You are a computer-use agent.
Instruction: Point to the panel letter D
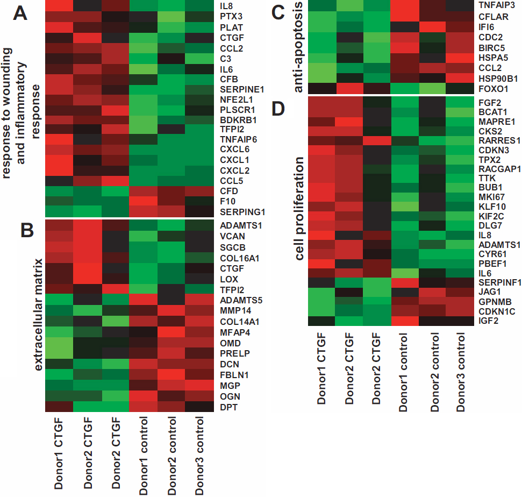[x=278, y=109]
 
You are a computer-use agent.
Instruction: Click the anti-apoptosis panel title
[x=299, y=48]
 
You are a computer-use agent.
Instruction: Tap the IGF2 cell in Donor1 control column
[x=405, y=321]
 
